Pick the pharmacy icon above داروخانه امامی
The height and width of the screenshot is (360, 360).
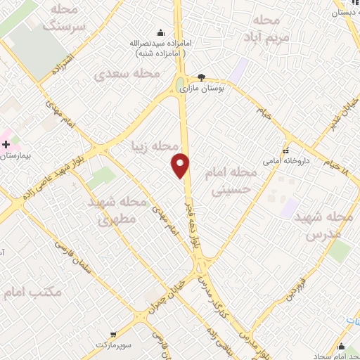tap(285, 150)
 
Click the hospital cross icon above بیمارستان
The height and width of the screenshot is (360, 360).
tap(6, 143)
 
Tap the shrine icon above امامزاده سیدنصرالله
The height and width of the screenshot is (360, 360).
tap(161, 32)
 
